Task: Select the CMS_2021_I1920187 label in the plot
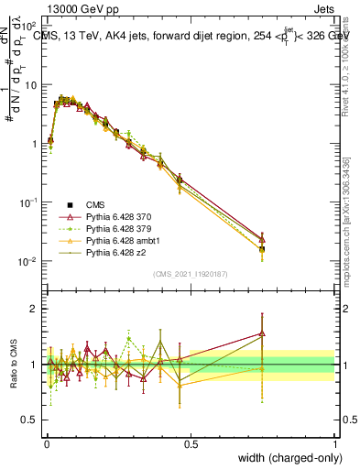point(191,274)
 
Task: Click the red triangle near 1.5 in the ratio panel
point(262,334)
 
